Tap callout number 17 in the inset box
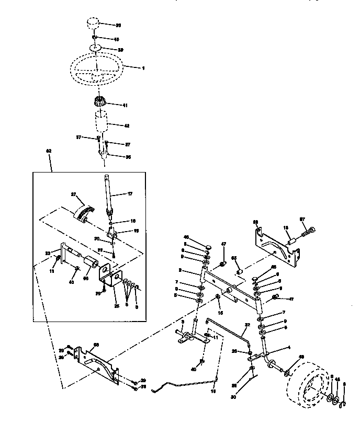pyautogui.click(x=131, y=193)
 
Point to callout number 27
pyautogui.click(x=74, y=194)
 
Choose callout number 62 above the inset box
pyautogui.click(x=49, y=151)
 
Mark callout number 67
pyautogui.click(x=317, y=220)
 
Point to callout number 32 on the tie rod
pyautogui.click(x=248, y=325)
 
